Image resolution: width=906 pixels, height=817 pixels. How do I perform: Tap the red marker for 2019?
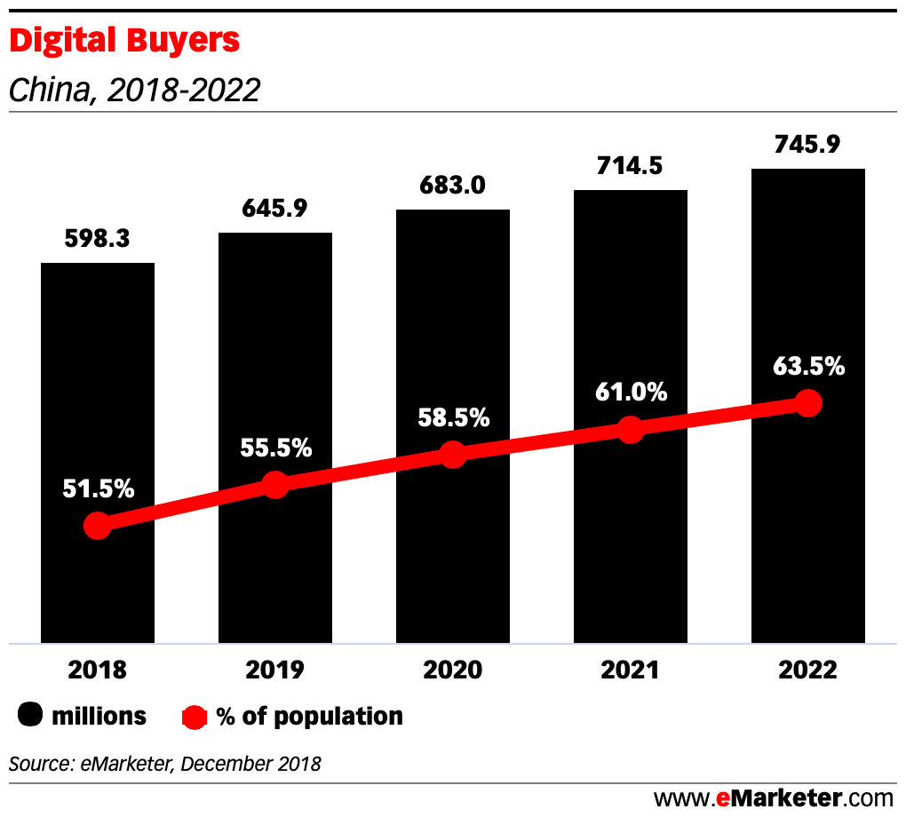point(275,485)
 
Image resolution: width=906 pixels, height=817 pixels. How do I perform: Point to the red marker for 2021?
point(631,430)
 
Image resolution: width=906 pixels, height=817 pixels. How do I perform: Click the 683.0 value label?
point(453,186)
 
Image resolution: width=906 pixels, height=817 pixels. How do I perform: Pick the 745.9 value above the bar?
point(808,144)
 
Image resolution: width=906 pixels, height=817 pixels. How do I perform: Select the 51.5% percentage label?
point(98,488)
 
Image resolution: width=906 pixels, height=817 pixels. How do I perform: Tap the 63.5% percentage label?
point(808,365)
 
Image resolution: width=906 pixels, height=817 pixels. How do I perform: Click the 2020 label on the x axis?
point(453,670)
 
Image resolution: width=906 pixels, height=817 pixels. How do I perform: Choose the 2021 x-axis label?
point(631,670)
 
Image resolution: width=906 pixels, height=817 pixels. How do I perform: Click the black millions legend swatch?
point(32,716)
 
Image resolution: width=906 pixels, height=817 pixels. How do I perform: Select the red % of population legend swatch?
point(195,716)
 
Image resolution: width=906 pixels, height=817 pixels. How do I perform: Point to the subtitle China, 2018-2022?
point(134,90)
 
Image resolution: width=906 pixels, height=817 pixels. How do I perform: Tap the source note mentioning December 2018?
point(165,763)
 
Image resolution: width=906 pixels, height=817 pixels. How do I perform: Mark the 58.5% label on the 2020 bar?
point(453,417)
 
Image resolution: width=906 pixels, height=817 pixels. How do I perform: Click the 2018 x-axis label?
point(98,670)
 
